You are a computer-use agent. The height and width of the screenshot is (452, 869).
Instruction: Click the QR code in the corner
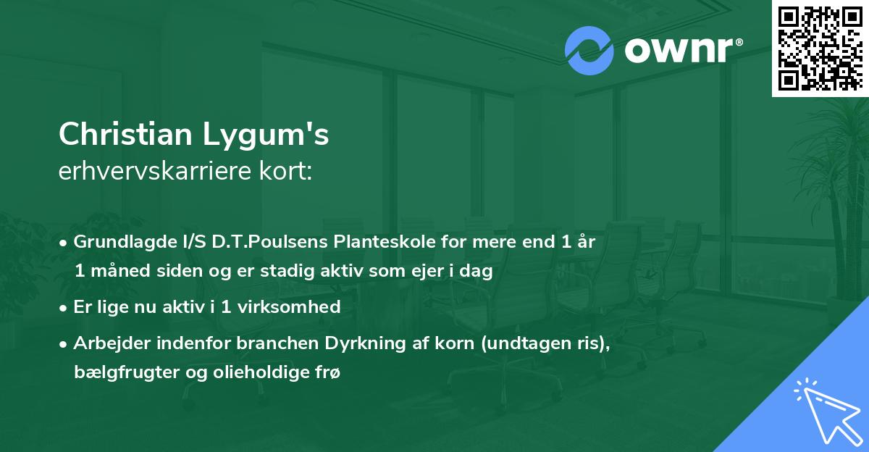820,48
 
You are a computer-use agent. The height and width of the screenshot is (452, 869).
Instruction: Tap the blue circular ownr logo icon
589,51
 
